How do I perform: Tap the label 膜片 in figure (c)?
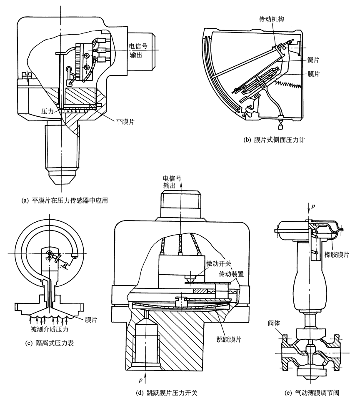(91, 320)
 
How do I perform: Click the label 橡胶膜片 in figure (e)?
(338, 254)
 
